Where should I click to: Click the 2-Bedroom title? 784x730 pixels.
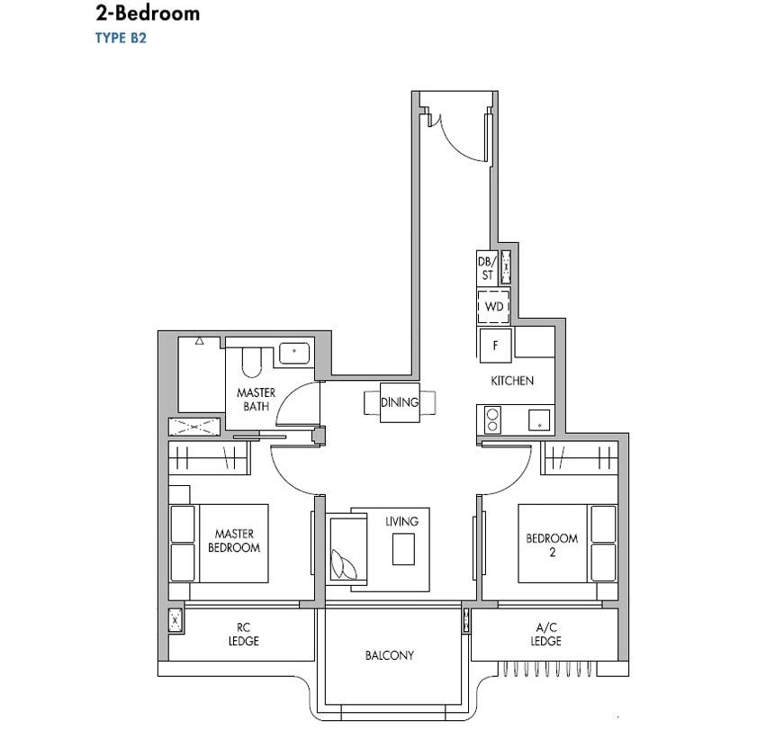[148, 14]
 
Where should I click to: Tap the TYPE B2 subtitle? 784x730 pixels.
[121, 38]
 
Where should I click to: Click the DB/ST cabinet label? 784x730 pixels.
[488, 268]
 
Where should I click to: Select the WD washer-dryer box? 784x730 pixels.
[494, 307]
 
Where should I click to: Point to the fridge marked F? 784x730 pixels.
[495, 346]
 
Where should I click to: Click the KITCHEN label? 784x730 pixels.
[512, 381]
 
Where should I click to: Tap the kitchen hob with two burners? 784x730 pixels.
[492, 419]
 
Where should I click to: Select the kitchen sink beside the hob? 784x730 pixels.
[539, 420]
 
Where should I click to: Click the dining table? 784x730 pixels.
[400, 402]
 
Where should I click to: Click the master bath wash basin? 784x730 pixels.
[294, 353]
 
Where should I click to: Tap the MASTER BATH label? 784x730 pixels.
[256, 400]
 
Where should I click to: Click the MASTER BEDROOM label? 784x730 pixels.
[234, 541]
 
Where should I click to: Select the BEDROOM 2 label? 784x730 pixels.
[552, 545]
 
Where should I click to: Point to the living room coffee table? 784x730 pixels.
[403, 549]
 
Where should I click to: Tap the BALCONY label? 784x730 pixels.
[390, 655]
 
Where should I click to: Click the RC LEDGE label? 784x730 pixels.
[244, 635]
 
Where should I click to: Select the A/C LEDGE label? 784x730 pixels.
[546, 635]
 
